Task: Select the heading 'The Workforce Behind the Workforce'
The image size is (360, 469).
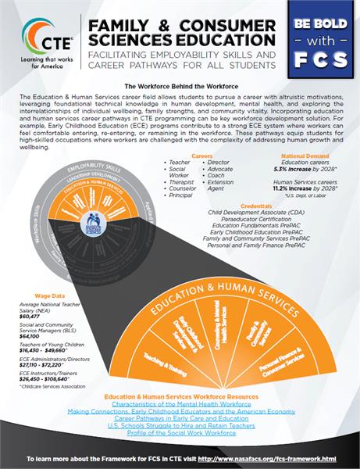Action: tap(180, 85)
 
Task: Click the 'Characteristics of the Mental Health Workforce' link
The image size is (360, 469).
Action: tap(180, 404)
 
